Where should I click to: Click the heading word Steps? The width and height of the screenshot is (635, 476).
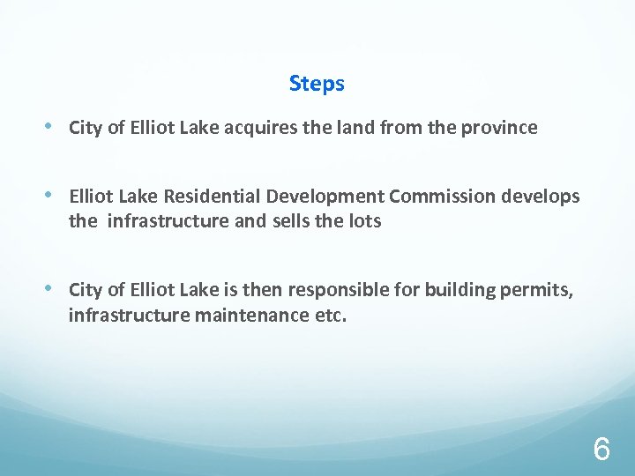pos(317,85)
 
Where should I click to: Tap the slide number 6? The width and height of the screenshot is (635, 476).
pos(601,450)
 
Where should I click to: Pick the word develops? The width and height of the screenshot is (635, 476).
pos(542,197)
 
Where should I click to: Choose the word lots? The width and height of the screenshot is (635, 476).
pos(364,221)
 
